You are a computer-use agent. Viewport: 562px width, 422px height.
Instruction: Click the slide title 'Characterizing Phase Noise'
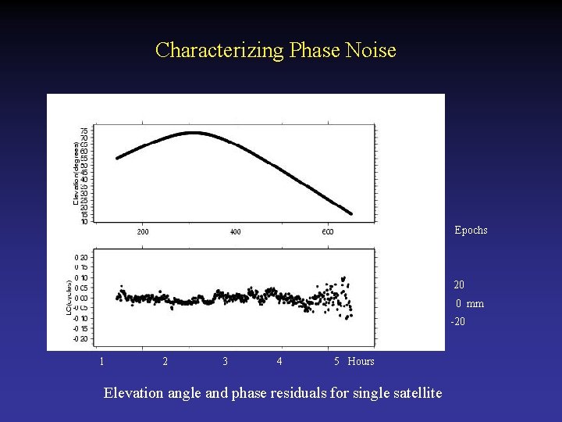point(276,50)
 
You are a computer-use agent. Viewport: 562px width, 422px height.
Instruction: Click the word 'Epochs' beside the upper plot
point(471,230)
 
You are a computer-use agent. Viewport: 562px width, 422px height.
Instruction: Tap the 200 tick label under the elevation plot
point(143,232)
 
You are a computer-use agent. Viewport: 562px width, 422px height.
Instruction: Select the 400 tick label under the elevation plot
point(235,232)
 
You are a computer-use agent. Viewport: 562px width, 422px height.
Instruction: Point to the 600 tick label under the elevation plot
point(327,232)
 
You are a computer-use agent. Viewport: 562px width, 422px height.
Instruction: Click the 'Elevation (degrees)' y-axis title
point(76,173)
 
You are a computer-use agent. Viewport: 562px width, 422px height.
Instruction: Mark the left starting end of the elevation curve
point(117,158)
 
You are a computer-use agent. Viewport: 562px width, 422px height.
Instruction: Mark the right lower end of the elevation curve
point(350,213)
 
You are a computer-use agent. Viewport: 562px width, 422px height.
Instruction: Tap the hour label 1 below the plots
point(101,361)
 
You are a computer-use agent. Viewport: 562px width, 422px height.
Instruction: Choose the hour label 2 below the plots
point(165,361)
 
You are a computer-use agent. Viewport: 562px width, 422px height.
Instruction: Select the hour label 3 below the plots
point(226,361)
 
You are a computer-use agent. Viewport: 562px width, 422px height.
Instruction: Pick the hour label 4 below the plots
point(279,361)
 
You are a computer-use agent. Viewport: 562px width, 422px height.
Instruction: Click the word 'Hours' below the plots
point(361,361)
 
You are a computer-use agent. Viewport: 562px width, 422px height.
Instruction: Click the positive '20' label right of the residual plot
point(459,285)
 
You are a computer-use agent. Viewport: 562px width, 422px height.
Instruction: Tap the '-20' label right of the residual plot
point(457,322)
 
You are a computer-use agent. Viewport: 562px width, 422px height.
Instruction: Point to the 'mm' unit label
point(475,304)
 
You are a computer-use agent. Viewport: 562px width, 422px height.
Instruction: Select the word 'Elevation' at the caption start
point(132,392)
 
